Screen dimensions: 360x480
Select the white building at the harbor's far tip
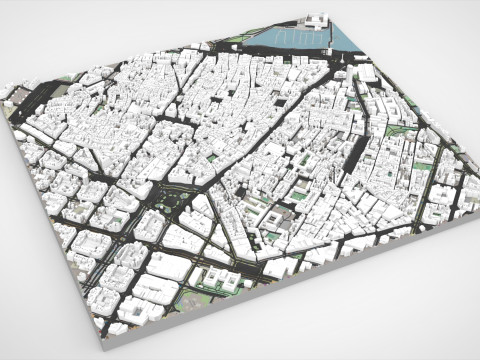point(318,20)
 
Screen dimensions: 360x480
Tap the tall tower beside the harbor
point(348,60)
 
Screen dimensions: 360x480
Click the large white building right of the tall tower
point(369,71)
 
